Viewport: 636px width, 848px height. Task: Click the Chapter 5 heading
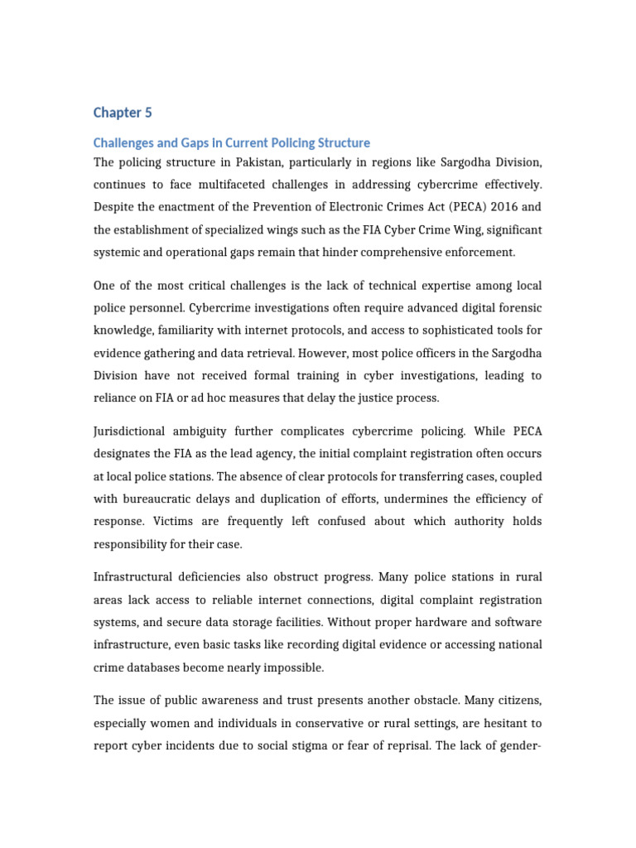click(123, 113)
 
